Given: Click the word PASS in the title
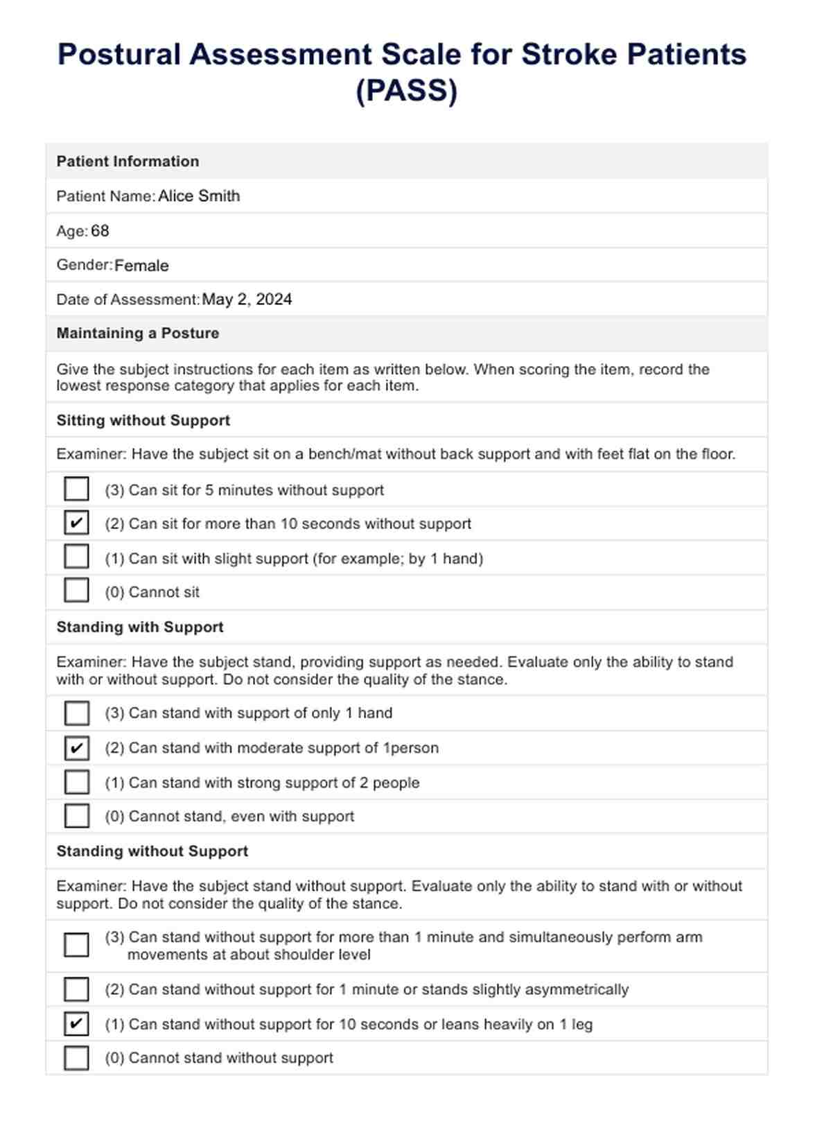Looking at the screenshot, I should tap(407, 91).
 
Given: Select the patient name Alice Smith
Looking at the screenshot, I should tap(199, 196).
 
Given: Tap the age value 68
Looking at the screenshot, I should tap(100, 231).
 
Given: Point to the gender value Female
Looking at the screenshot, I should tap(141, 266).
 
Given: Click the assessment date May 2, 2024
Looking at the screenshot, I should tap(247, 299).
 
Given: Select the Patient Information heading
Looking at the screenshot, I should tap(128, 162).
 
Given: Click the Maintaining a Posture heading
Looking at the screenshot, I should tap(138, 333).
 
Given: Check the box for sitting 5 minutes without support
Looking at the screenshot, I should tap(76, 489).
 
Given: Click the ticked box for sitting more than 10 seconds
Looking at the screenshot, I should tap(76, 523).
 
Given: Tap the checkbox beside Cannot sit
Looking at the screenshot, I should tap(76, 591).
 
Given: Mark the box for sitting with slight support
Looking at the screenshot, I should tap(76, 557).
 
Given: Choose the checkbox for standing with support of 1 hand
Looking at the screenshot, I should tap(76, 713).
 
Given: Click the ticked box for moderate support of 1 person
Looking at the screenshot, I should tap(76, 747).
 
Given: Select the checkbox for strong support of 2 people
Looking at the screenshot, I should tap(76, 782).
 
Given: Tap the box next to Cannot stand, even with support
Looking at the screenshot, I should tap(76, 816).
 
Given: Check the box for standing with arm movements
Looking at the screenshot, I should tap(76, 945).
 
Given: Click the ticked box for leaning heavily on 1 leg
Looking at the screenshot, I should tap(76, 1024).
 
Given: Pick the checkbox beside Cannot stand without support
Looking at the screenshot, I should tap(76, 1058).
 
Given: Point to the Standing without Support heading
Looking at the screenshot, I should tap(152, 851).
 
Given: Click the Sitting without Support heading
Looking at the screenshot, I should tap(143, 421).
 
